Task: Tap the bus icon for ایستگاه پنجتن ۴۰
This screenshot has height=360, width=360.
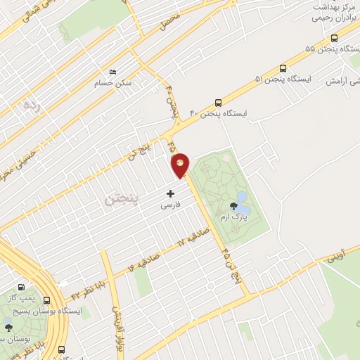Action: point(219,102)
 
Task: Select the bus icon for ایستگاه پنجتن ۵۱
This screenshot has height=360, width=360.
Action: point(283,68)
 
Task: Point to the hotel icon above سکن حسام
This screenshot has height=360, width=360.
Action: point(113,72)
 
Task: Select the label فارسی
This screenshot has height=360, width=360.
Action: point(171,205)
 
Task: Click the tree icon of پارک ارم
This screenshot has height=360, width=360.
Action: point(233,205)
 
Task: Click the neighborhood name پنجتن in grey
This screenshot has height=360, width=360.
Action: point(121,200)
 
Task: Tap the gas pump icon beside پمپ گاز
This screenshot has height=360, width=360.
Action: point(21,287)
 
